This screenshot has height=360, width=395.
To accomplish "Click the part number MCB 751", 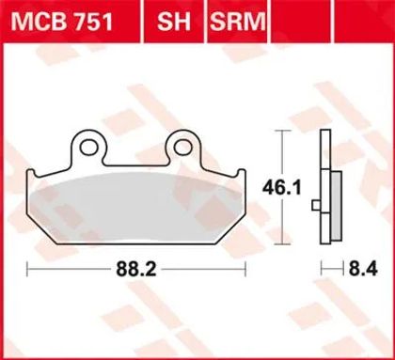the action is (x=61, y=22).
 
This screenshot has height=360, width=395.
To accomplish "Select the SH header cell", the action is (x=174, y=21).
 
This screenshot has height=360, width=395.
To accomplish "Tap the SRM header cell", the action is (x=237, y=21).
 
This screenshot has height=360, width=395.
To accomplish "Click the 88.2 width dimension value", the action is (x=136, y=269).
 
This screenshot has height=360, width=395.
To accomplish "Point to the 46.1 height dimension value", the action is (x=282, y=188).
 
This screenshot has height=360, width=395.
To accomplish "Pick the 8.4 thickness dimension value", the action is (x=363, y=269).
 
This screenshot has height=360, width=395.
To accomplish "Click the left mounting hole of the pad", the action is (x=89, y=148).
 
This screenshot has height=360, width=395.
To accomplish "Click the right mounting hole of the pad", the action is (x=183, y=148).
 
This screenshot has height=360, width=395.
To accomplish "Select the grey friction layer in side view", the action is (x=336, y=206).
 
